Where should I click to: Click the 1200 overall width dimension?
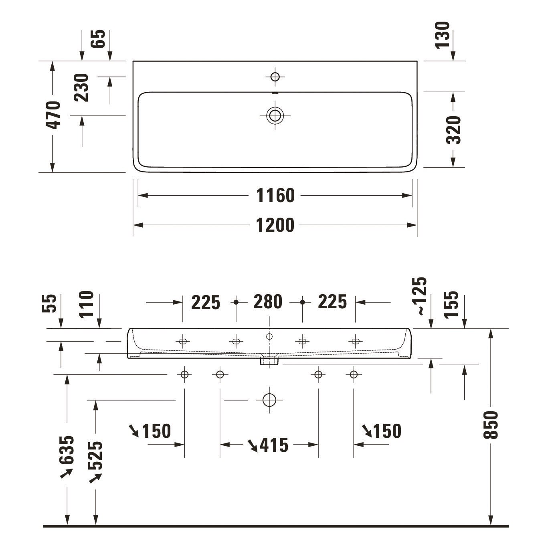275,225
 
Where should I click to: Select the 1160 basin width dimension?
275,195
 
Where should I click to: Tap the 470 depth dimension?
53,115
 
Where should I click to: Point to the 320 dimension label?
453,129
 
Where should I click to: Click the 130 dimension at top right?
443,35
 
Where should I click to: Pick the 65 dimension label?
98,38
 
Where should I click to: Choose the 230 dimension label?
81,87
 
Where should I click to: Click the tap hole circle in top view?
275,77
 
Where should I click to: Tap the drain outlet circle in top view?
275,115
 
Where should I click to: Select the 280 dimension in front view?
268,302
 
